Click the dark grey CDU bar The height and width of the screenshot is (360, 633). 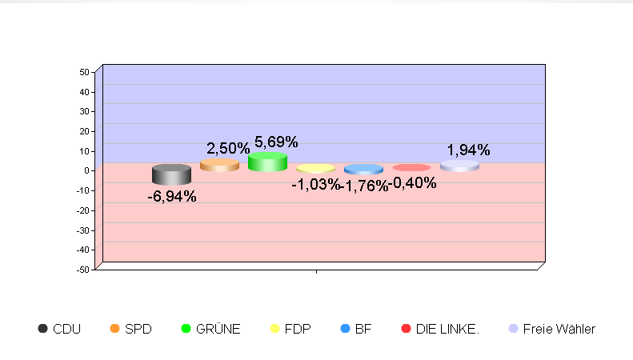coord(171,174)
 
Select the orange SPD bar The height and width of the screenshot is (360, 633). coord(219,165)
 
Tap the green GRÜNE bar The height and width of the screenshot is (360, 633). coord(267,162)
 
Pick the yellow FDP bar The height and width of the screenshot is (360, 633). coord(315,169)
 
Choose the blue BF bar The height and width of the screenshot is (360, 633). coord(363,170)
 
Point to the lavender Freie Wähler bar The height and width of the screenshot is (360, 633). coord(459,166)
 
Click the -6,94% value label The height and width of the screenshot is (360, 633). coord(172,196)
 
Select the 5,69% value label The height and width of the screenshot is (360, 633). coord(276,142)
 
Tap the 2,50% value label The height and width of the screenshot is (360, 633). coord(228,149)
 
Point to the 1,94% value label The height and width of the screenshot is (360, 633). coord(468,150)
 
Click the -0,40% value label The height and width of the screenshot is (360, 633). coord(413,183)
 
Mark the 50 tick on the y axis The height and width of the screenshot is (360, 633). coord(84,72)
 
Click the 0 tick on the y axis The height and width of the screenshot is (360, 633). coord(86,170)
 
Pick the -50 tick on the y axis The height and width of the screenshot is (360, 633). coord(82,270)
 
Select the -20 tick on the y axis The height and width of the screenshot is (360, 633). coord(82,210)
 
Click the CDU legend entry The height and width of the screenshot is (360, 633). coord(59,329)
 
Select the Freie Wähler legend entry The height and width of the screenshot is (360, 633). coord(552,329)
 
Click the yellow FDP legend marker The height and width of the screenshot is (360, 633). coord(275,329)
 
